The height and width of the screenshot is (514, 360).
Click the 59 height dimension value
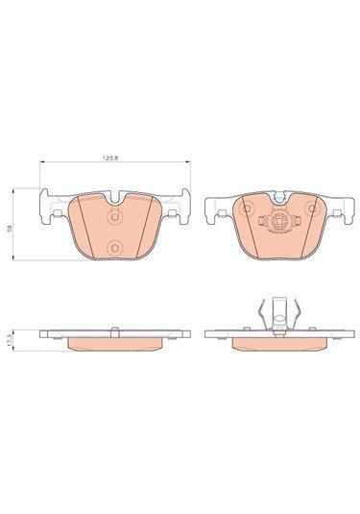pos(11,227)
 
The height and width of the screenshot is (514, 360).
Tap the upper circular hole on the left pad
pos(114,217)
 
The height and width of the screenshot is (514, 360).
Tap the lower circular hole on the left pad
pos(114,248)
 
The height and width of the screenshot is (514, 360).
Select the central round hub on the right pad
pos(278,222)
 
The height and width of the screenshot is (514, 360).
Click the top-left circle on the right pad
pos(246,208)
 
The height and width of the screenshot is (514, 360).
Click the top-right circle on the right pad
pos(311,208)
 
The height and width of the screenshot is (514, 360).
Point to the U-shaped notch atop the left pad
pos(114,198)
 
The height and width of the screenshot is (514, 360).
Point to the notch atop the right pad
pos(278,197)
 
